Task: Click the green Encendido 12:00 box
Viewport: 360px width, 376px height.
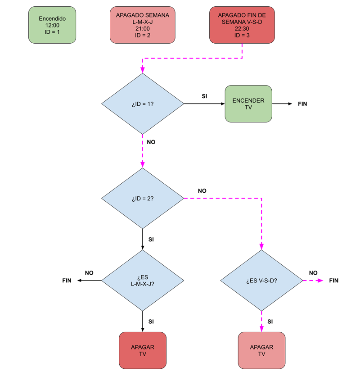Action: coord(52,25)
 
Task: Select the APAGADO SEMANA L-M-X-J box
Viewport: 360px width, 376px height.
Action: coord(143,25)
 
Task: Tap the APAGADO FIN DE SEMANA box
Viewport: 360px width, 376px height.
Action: coord(242,25)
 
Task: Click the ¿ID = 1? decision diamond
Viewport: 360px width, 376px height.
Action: coord(143,104)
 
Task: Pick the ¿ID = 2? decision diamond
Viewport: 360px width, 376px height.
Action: coord(143,198)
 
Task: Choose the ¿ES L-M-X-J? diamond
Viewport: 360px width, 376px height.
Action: coord(143,281)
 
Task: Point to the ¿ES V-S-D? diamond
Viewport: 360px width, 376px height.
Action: coord(261,281)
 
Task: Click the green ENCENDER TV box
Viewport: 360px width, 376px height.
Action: coord(248,104)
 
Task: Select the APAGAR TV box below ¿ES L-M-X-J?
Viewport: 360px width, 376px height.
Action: coord(143,351)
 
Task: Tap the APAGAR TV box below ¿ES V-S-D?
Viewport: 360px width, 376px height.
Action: coord(261,351)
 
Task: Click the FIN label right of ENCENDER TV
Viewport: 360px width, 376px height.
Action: coord(303,104)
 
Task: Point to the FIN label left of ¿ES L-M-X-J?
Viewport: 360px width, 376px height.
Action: coord(67,281)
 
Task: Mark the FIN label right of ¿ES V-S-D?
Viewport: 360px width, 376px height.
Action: coord(333,281)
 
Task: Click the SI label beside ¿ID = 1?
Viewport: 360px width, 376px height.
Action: coord(204,96)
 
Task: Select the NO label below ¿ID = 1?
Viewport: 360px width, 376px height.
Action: coord(151,142)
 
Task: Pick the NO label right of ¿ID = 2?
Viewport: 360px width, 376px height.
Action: coord(202,190)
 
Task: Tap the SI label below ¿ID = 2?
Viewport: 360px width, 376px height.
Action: coord(151,240)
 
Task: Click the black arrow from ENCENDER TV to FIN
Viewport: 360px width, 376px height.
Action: coord(282,104)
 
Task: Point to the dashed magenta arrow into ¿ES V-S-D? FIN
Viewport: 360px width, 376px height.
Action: coord(313,281)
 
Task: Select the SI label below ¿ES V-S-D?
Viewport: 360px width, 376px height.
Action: coord(270,322)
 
